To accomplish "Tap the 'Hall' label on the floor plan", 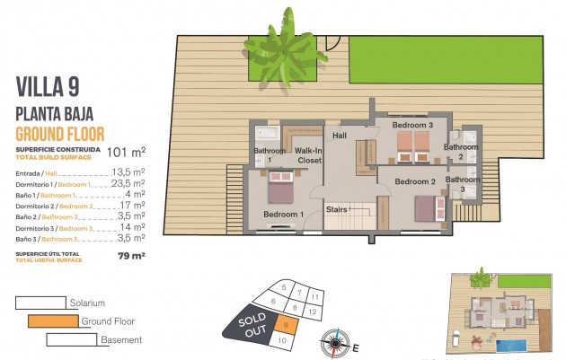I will [x=340, y=136].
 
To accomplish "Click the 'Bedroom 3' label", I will [x=412, y=125].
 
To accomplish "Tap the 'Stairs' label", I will [x=336, y=209].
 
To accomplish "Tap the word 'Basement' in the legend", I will [x=120, y=339].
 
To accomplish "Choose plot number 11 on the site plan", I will [x=314, y=295].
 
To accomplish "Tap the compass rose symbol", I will [x=335, y=341].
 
